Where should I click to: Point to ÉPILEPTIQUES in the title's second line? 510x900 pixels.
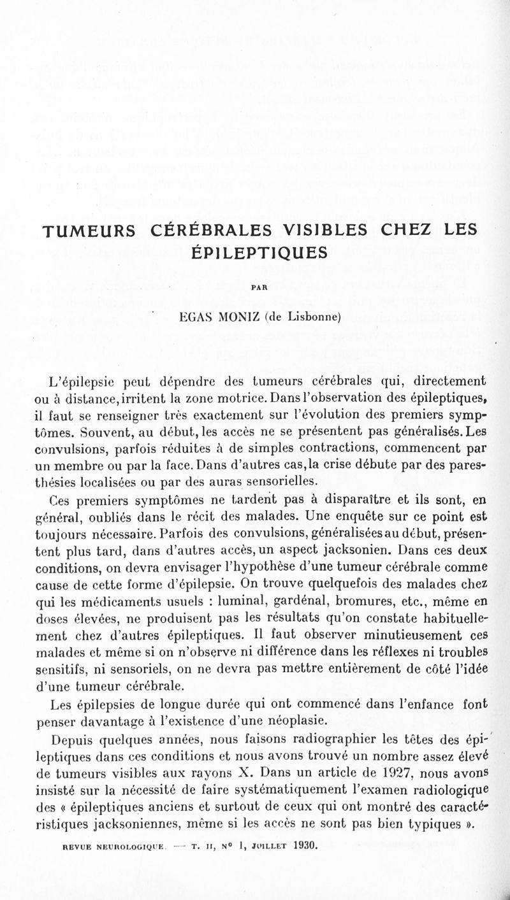pos(260,252)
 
